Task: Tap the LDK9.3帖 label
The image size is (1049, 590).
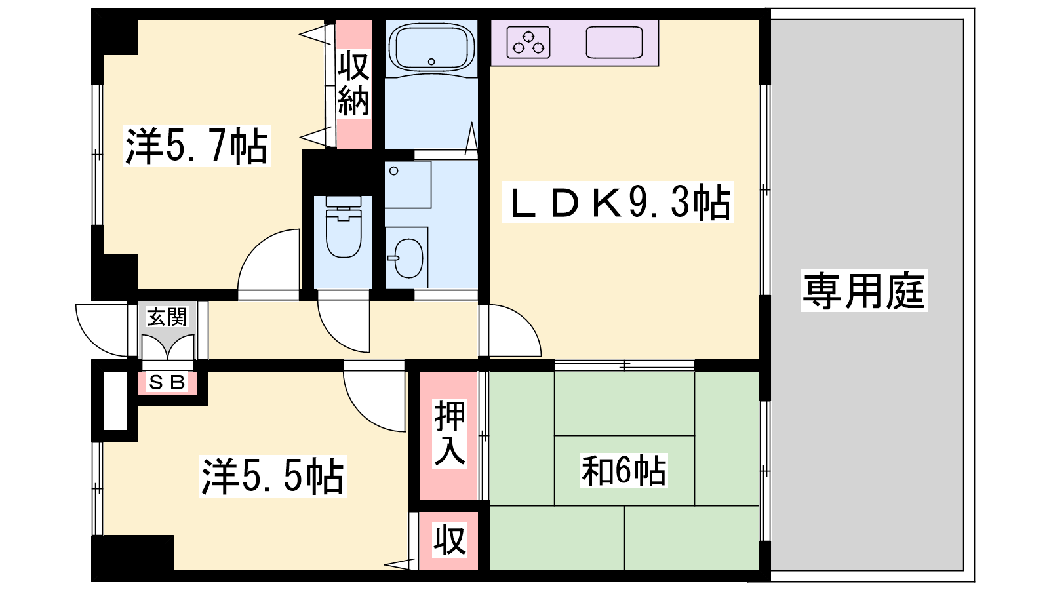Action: (x=617, y=203)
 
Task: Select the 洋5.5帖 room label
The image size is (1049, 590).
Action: (x=273, y=476)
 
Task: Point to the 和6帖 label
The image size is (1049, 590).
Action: (x=623, y=471)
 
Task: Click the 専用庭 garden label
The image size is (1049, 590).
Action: (x=864, y=291)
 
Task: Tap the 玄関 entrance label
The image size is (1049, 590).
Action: (x=167, y=317)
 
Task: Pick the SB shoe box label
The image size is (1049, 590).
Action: (x=167, y=383)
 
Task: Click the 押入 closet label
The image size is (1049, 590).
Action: (x=450, y=433)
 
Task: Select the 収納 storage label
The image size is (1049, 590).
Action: (x=354, y=83)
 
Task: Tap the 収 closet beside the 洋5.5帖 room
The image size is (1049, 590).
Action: (x=449, y=540)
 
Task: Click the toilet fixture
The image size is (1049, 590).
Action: (x=344, y=227)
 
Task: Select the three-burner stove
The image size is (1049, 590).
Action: (x=528, y=42)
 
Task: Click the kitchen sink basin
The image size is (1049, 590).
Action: (x=614, y=42)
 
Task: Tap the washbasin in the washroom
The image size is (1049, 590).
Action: (x=407, y=258)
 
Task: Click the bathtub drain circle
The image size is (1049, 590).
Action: (x=431, y=62)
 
